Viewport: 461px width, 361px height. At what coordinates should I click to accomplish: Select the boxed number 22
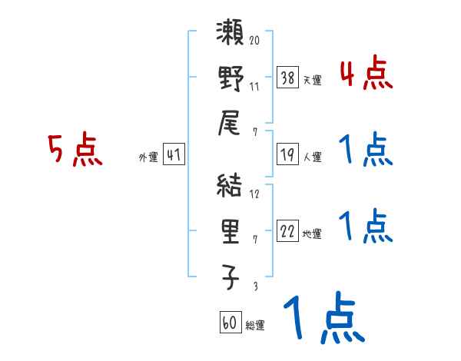(x=287, y=232)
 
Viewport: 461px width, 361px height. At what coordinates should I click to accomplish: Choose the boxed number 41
(x=174, y=155)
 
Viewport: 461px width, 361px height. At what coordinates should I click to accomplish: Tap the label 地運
(x=312, y=233)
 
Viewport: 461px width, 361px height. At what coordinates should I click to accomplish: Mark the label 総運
(x=255, y=325)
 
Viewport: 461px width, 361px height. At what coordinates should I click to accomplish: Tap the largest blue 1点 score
(x=322, y=319)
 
